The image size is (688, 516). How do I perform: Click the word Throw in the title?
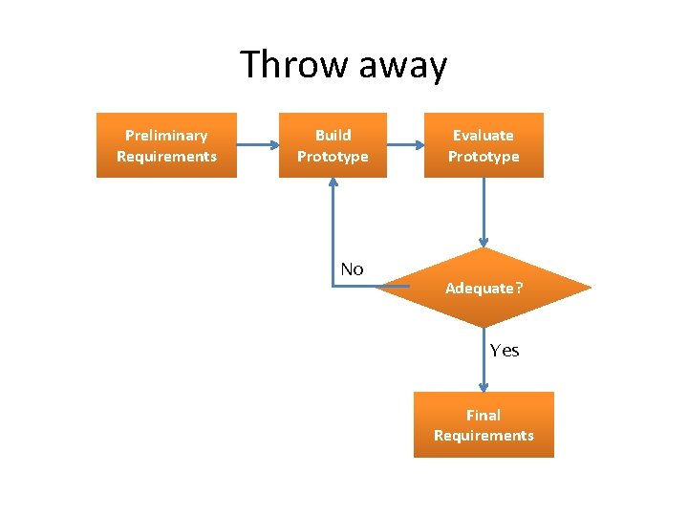pos(294,65)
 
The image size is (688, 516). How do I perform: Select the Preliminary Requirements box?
pos(166,145)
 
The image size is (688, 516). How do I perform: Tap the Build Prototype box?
pos(333,145)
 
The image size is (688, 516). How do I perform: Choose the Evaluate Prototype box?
pos(484,145)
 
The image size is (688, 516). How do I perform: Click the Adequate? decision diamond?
pos(484,288)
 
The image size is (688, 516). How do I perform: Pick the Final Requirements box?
pos(484,425)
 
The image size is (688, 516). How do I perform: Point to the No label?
pos(352,269)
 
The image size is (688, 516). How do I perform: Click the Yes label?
pos(505,351)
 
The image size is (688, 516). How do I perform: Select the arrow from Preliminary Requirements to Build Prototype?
pos(257,145)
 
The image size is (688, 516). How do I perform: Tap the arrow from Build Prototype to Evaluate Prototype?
pos(405,145)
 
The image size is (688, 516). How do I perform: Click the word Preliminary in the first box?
pos(166,136)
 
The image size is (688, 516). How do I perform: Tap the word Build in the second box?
pos(333,136)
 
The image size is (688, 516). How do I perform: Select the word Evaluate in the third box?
pos(484,136)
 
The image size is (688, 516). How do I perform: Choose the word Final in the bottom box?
pos(484,415)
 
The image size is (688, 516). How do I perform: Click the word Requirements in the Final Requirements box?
pos(484,436)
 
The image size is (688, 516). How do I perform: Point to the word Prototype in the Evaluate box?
pos(484,157)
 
